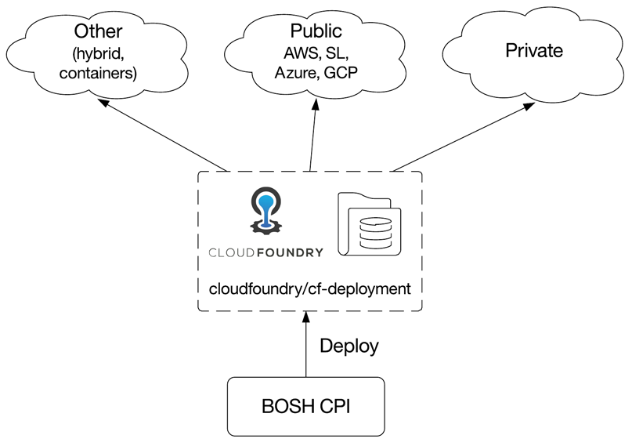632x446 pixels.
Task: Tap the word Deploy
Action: [x=349, y=345]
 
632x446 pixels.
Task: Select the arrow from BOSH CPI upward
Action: [x=306, y=345]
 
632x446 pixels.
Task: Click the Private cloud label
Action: [x=534, y=51]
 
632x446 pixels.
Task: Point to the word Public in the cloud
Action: [x=316, y=31]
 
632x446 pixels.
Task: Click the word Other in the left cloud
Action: [x=99, y=32]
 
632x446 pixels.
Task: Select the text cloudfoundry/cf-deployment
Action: [x=309, y=288]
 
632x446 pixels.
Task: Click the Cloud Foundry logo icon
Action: [x=265, y=211]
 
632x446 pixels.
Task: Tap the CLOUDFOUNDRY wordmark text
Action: [x=265, y=252]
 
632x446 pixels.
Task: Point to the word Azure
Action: [x=294, y=73]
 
